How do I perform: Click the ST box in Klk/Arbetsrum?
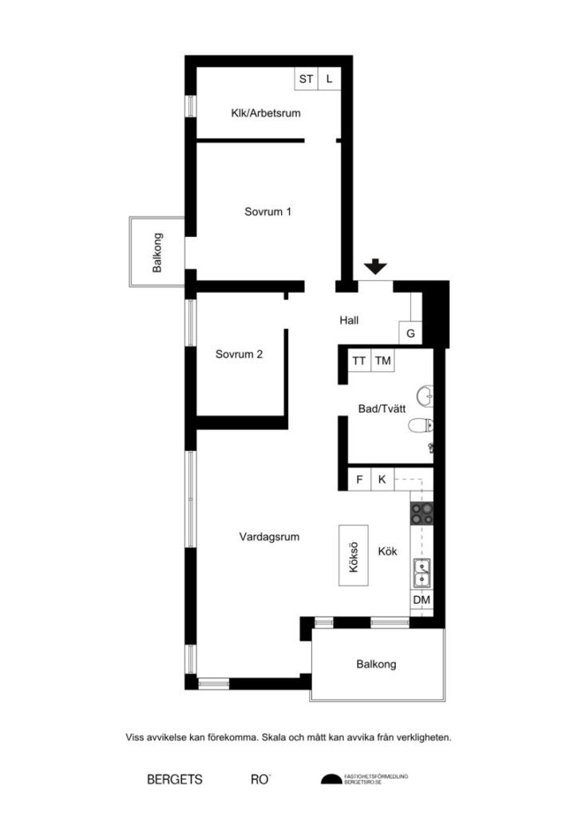(306, 79)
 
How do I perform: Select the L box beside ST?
(329, 79)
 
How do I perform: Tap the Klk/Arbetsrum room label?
(265, 113)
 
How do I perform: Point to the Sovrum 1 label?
(267, 212)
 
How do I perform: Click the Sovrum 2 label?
(239, 354)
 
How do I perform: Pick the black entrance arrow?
(373, 268)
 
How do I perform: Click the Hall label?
(349, 321)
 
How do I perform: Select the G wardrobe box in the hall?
(410, 334)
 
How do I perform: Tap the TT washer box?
(359, 361)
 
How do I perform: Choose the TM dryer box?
(383, 361)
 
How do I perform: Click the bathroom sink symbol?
(425, 394)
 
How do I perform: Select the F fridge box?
(360, 480)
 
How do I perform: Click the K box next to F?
(382, 480)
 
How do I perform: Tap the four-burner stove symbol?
(422, 513)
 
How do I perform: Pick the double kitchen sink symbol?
(422, 571)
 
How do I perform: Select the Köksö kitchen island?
(353, 555)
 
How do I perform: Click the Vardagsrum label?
(269, 537)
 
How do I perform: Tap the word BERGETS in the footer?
(175, 779)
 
